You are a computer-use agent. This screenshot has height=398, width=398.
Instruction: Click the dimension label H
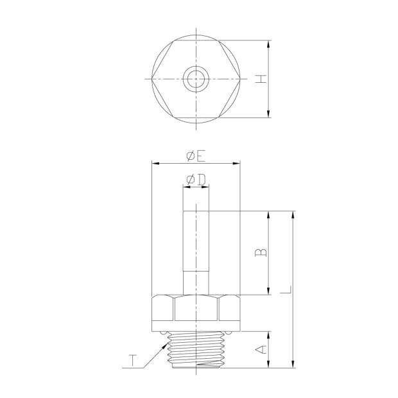tap(261, 79)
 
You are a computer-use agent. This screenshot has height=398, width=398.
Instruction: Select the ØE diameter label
tap(196, 157)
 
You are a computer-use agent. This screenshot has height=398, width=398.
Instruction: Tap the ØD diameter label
tap(196, 180)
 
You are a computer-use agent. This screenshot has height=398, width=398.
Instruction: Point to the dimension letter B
tap(261, 252)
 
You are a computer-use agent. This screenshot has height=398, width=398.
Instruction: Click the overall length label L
tap(286, 290)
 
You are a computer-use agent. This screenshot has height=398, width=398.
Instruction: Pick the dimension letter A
tap(261, 349)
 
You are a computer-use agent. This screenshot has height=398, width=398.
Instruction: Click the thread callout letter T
tap(132, 361)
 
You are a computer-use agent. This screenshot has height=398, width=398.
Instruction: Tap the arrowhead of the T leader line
tap(166, 345)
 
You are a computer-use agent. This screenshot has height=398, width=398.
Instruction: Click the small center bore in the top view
tap(196, 79)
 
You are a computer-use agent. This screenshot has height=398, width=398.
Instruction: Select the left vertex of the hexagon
tap(151, 79)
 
